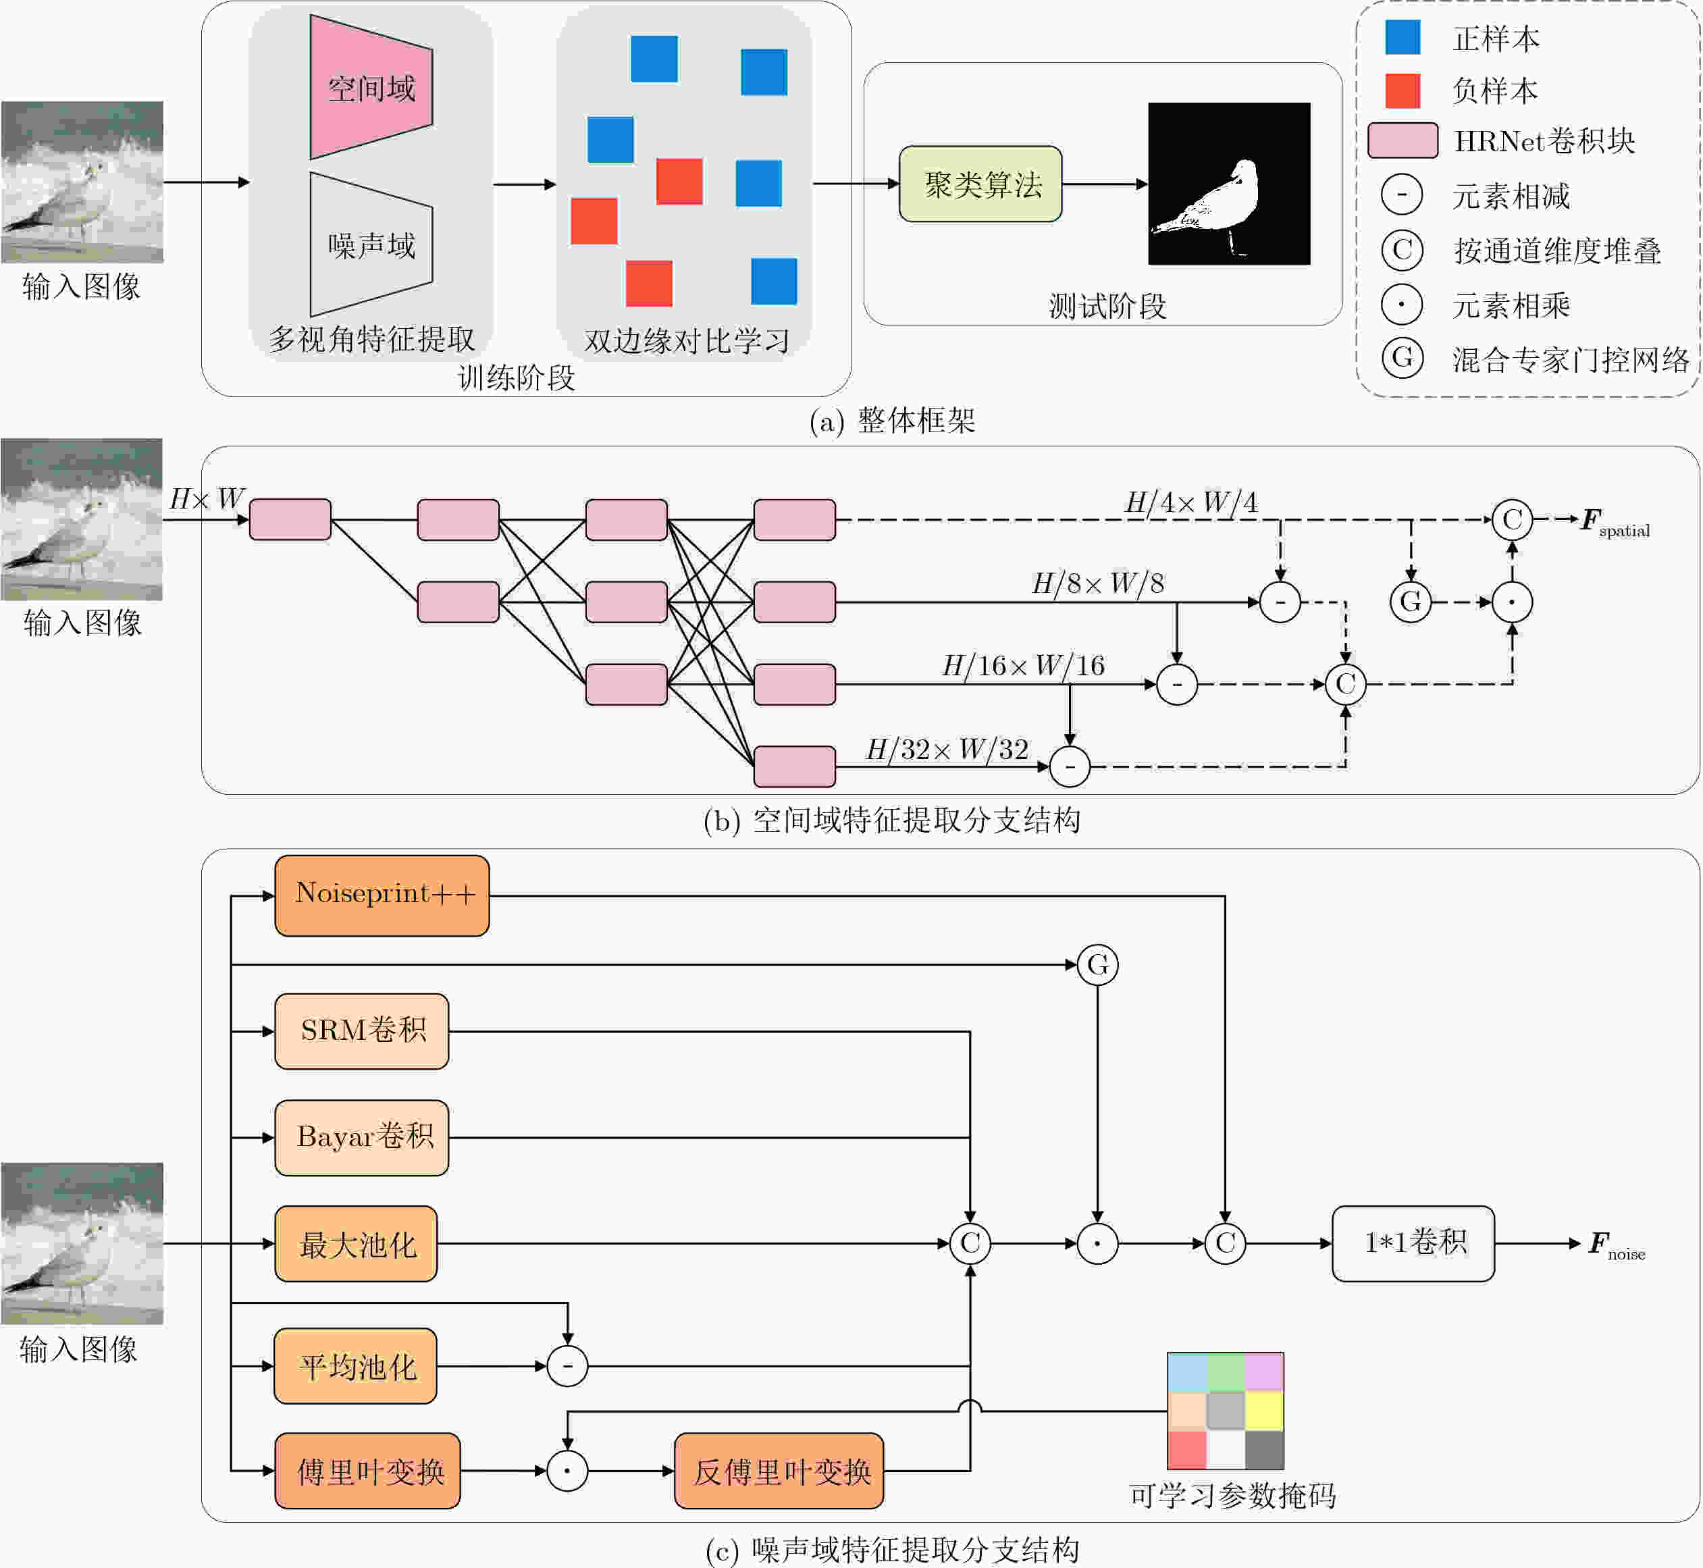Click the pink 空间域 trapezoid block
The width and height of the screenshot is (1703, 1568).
371,87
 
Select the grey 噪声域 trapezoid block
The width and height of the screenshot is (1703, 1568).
371,244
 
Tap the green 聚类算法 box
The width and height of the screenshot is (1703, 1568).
981,183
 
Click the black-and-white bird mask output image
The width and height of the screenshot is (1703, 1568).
1229,183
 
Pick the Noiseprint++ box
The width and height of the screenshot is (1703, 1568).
382,895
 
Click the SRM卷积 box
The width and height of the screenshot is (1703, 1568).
361,1031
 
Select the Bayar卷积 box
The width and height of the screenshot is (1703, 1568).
361,1138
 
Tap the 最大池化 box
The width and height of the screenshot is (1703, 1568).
356,1244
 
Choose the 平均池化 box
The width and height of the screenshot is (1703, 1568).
356,1366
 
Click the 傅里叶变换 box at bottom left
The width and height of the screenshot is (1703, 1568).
367,1471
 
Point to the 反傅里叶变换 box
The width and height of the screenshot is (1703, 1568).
779,1471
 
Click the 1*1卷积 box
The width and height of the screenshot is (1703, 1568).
1413,1244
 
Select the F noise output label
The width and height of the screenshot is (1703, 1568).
1617,1246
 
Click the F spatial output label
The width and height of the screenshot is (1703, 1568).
1615,523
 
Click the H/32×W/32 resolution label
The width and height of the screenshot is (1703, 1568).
947,749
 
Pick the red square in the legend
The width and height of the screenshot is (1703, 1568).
1403,90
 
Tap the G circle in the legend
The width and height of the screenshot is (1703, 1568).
1403,358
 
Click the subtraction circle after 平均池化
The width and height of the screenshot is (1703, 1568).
568,1366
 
